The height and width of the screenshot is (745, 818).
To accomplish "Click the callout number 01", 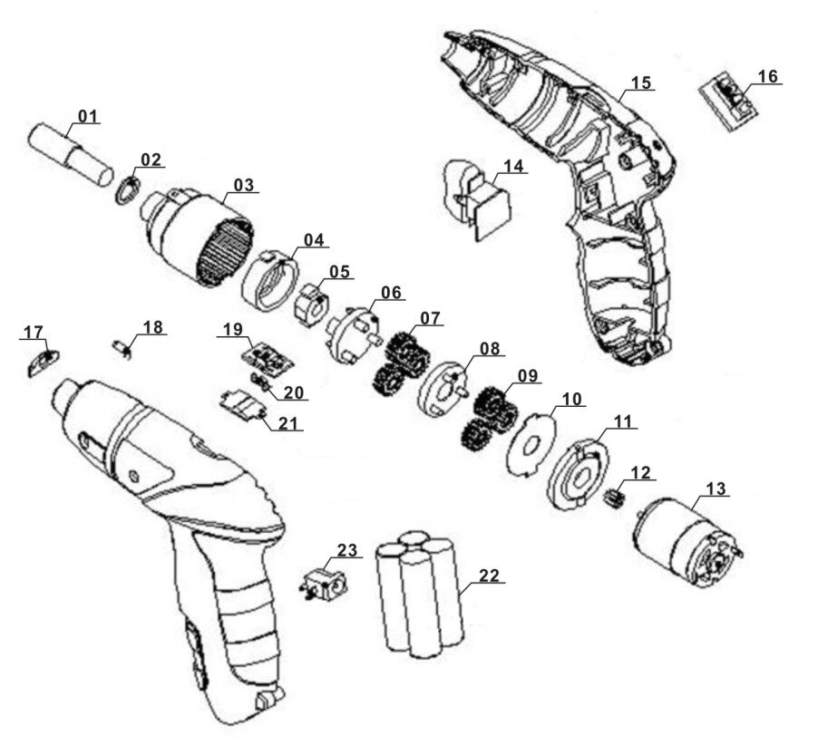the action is tap(87, 116).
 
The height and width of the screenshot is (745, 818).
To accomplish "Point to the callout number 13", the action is tap(716, 489).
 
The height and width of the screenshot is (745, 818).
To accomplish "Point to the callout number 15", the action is tap(641, 83).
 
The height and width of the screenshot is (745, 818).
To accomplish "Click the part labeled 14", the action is tap(476, 200).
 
